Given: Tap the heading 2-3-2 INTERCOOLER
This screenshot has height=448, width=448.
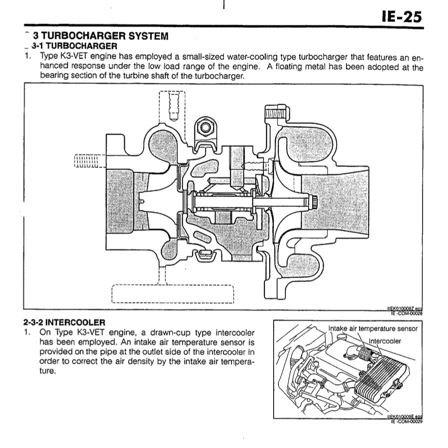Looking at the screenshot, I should pyautogui.click(x=64, y=323).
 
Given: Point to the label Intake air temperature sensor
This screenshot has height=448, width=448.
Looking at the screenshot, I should pyautogui.click(x=372, y=329).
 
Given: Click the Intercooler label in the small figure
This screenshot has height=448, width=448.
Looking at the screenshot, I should pyautogui.click(x=385, y=341).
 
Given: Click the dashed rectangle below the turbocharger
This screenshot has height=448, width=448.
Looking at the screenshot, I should pyautogui.click(x=172, y=294).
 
